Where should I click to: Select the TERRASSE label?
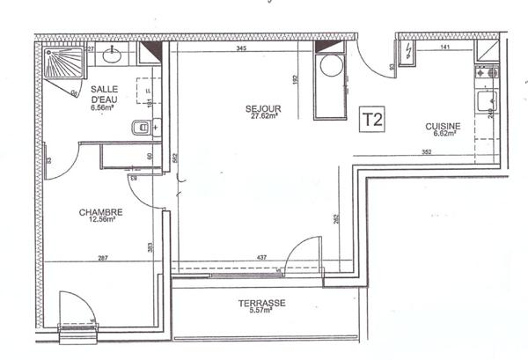(261, 303)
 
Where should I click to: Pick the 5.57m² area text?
(261, 312)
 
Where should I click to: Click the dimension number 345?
(241, 49)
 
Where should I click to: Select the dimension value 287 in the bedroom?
(102, 257)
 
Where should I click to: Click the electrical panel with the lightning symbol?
(407, 53)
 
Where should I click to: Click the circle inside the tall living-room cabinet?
(331, 67)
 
